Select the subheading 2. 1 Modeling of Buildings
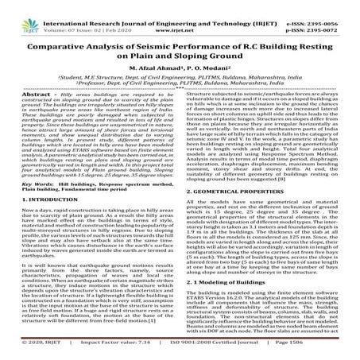coord(230,283)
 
